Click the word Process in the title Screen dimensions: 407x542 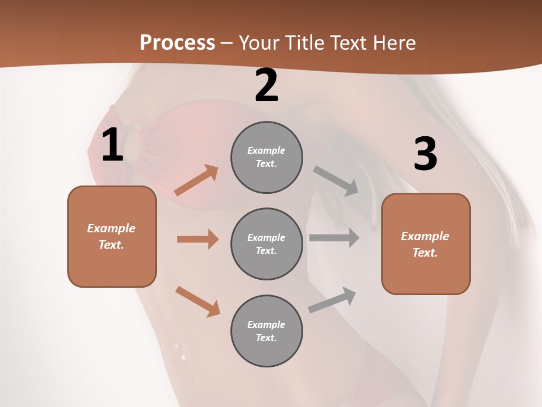click(x=177, y=43)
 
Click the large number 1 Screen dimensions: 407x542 click(x=112, y=145)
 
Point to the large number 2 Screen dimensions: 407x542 click(x=266, y=86)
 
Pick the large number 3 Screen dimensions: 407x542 click(x=425, y=154)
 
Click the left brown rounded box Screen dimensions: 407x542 click(x=112, y=236)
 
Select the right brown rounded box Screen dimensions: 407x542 click(x=426, y=244)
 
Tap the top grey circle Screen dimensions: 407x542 click(x=266, y=157)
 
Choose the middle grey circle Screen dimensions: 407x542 click(x=266, y=244)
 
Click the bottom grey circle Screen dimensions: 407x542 click(x=266, y=331)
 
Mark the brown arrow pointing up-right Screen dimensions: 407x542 click(x=196, y=180)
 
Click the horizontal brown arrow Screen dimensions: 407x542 click(x=198, y=239)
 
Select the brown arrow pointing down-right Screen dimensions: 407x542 click(x=198, y=301)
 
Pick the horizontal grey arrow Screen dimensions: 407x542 click(x=334, y=237)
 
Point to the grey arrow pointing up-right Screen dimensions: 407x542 click(x=332, y=300)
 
